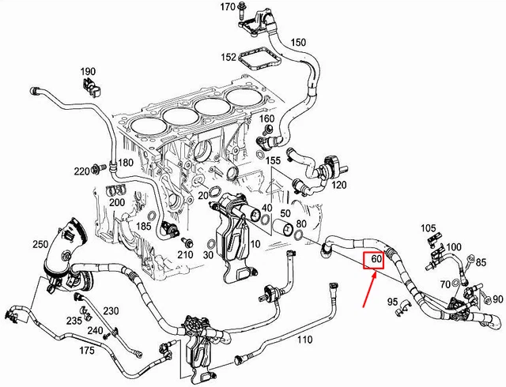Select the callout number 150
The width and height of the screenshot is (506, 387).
pos(298,42)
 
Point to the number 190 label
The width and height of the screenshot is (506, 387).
pos(87,72)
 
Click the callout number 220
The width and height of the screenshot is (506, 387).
pos(81,171)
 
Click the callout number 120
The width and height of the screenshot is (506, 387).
pos(339,185)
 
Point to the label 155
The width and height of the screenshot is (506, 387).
pos(273,160)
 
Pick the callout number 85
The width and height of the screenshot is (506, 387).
pos(481,262)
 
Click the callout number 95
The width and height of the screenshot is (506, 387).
pos(393,302)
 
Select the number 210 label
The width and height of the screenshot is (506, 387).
pos(186,254)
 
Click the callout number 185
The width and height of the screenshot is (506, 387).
pos(143,227)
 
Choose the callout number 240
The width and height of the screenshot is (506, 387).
pos(93,330)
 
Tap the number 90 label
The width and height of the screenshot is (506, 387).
pos(497,299)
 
